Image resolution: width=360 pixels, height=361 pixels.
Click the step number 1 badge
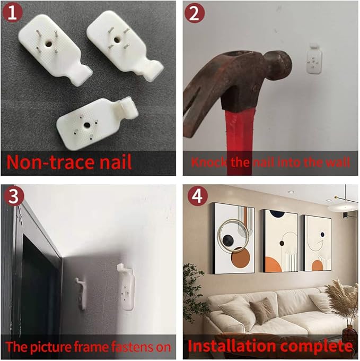12,12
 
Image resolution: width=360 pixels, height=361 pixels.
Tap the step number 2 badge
195,13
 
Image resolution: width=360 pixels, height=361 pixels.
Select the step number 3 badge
14,196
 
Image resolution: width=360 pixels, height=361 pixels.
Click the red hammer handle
239,141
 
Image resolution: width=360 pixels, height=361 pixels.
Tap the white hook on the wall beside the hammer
314,59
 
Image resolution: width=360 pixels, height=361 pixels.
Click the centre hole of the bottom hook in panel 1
87,125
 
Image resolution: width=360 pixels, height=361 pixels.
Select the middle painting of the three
280,241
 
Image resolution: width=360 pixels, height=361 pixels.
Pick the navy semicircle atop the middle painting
277,213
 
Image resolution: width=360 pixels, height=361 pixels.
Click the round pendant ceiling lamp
343,207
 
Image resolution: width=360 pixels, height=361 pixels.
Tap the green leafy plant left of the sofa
193,292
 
